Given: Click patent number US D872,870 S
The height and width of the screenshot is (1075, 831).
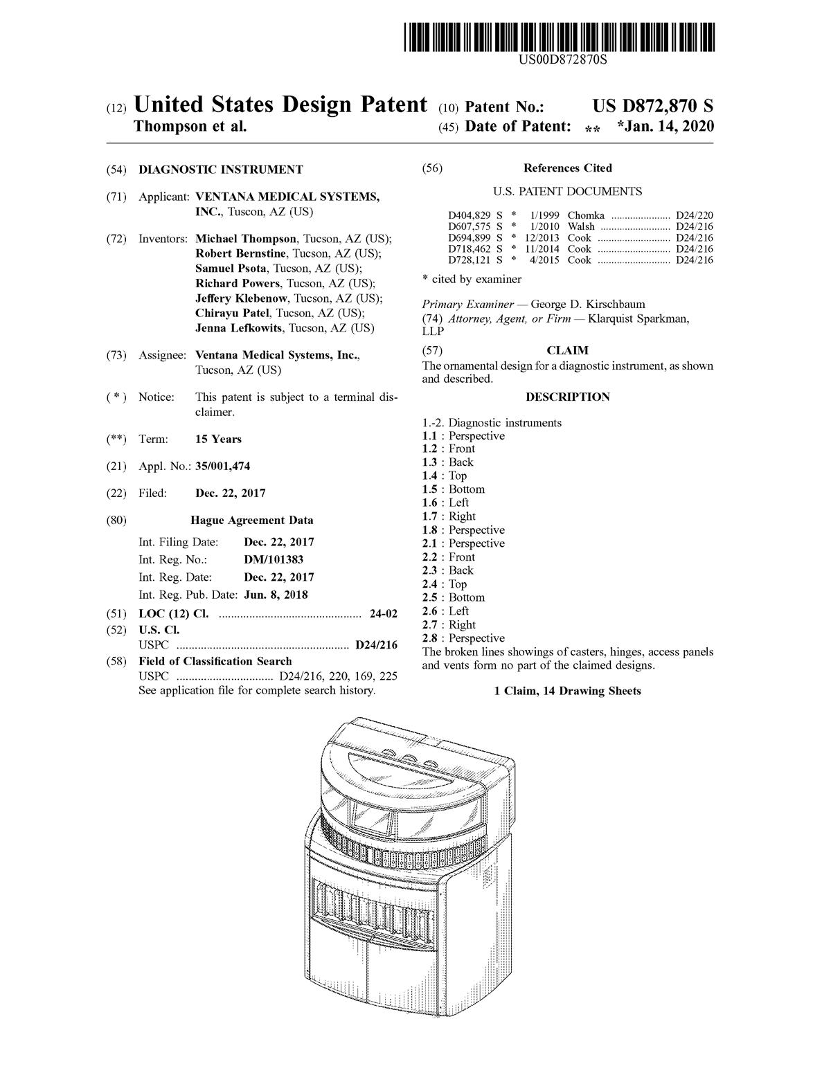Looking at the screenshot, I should pos(652,106).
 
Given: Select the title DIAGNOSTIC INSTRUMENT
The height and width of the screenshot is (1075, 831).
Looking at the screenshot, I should pos(221,170).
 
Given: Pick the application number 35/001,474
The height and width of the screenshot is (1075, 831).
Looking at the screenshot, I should pos(222,467).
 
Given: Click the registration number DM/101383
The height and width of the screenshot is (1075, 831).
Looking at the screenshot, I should pos(274,559).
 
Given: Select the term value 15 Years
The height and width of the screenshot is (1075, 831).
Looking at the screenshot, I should pos(218,440).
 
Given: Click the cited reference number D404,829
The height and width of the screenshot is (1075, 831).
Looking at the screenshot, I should pos(469,215).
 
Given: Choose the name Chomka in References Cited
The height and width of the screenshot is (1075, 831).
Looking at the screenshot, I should pos(586,215).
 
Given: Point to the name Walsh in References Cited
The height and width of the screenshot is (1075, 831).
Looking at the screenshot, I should pos(581,226).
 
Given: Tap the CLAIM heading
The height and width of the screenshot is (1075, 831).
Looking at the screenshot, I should pos(567,351).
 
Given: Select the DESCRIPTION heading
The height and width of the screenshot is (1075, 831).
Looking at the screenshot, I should pos(567,397).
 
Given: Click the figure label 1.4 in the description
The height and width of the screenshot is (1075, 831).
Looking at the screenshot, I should pos(430,476).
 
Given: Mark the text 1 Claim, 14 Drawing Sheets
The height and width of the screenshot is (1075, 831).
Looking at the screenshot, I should pos(567,691).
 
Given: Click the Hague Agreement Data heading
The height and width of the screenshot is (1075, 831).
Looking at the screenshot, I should pos(251,521).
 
